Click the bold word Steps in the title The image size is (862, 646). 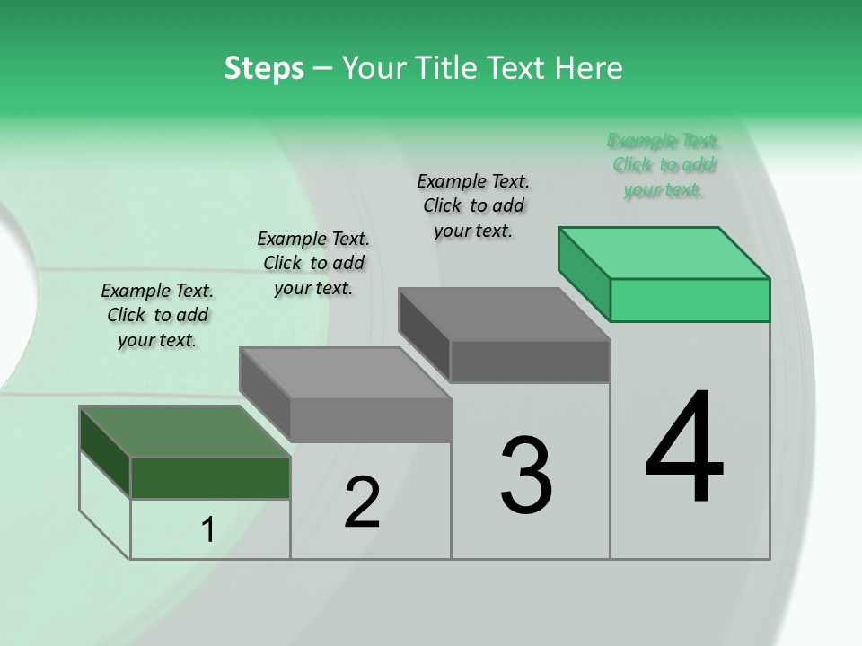pos(264,68)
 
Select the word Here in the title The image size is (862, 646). pos(589,68)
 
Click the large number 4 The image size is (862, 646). pos(684,449)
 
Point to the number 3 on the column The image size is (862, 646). pos(526,476)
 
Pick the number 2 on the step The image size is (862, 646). pos(362,502)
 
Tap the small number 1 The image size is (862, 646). pos(208,530)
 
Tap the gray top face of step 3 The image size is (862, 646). pos(503,314)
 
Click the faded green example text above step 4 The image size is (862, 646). pos(664,165)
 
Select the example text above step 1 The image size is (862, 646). pos(157,315)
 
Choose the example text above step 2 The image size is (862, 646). pos(313,263)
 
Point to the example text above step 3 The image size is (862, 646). pos(473,205)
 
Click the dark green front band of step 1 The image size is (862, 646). pos(210,477)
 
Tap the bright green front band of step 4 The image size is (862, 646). pos(690,300)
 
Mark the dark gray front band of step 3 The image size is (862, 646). pos(530,362)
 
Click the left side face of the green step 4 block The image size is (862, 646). pos(584,271)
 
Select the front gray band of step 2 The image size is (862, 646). pos(370,420)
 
